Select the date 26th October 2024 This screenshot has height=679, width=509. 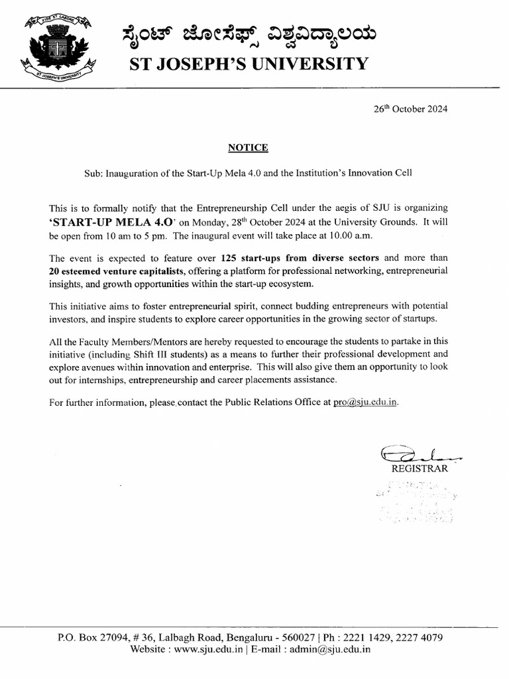coord(411,109)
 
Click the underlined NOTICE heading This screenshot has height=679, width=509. coord(248,147)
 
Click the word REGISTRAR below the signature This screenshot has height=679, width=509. coord(420,469)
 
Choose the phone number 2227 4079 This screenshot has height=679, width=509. coord(420,638)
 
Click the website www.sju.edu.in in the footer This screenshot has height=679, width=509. coord(205,650)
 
